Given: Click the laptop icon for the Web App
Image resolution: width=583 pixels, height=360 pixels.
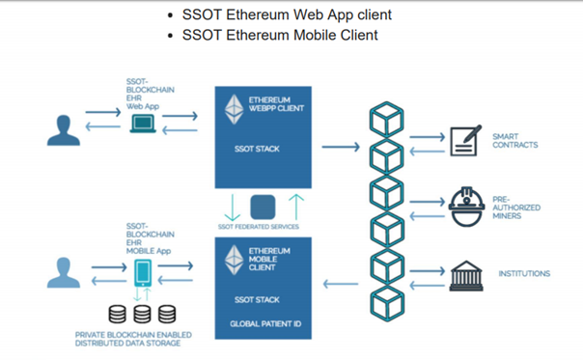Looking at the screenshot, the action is point(143,124).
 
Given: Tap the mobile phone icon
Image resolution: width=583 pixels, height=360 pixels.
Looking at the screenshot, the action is point(143,272).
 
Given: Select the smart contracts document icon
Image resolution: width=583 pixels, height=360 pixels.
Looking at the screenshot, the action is point(465,141).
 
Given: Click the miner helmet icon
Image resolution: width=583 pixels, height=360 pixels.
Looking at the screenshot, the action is point(466,207).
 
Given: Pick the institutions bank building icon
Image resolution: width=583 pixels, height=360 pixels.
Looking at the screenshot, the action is point(466,276).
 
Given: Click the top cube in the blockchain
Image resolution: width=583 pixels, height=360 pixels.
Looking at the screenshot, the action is point(387,120).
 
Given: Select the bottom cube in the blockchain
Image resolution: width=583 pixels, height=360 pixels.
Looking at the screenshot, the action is point(387,303).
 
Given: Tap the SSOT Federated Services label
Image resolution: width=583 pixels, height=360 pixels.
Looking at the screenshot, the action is point(259,227).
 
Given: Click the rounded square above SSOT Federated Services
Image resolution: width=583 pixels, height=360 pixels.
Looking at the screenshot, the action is point(263,207).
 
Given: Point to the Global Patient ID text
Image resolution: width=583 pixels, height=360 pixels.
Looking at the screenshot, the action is point(265,324).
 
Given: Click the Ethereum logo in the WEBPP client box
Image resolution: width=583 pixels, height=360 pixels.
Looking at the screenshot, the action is point(234,109).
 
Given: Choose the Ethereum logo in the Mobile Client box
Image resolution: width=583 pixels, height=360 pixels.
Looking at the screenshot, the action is point(234,260).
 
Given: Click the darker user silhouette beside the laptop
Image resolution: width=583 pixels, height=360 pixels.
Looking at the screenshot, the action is point(63,130).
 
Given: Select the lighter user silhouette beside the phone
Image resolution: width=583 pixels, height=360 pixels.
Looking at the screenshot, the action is point(63,272).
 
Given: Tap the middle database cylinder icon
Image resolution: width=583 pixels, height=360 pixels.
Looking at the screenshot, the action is point(143,314).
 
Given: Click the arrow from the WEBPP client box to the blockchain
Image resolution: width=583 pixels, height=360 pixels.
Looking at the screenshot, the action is point(341,147).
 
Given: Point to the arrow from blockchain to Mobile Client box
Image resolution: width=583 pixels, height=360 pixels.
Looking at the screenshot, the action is point(341,284).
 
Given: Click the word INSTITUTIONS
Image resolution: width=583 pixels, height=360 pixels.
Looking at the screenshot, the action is point(524,274).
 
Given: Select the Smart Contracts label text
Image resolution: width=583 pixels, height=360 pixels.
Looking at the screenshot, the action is point(515,141).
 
